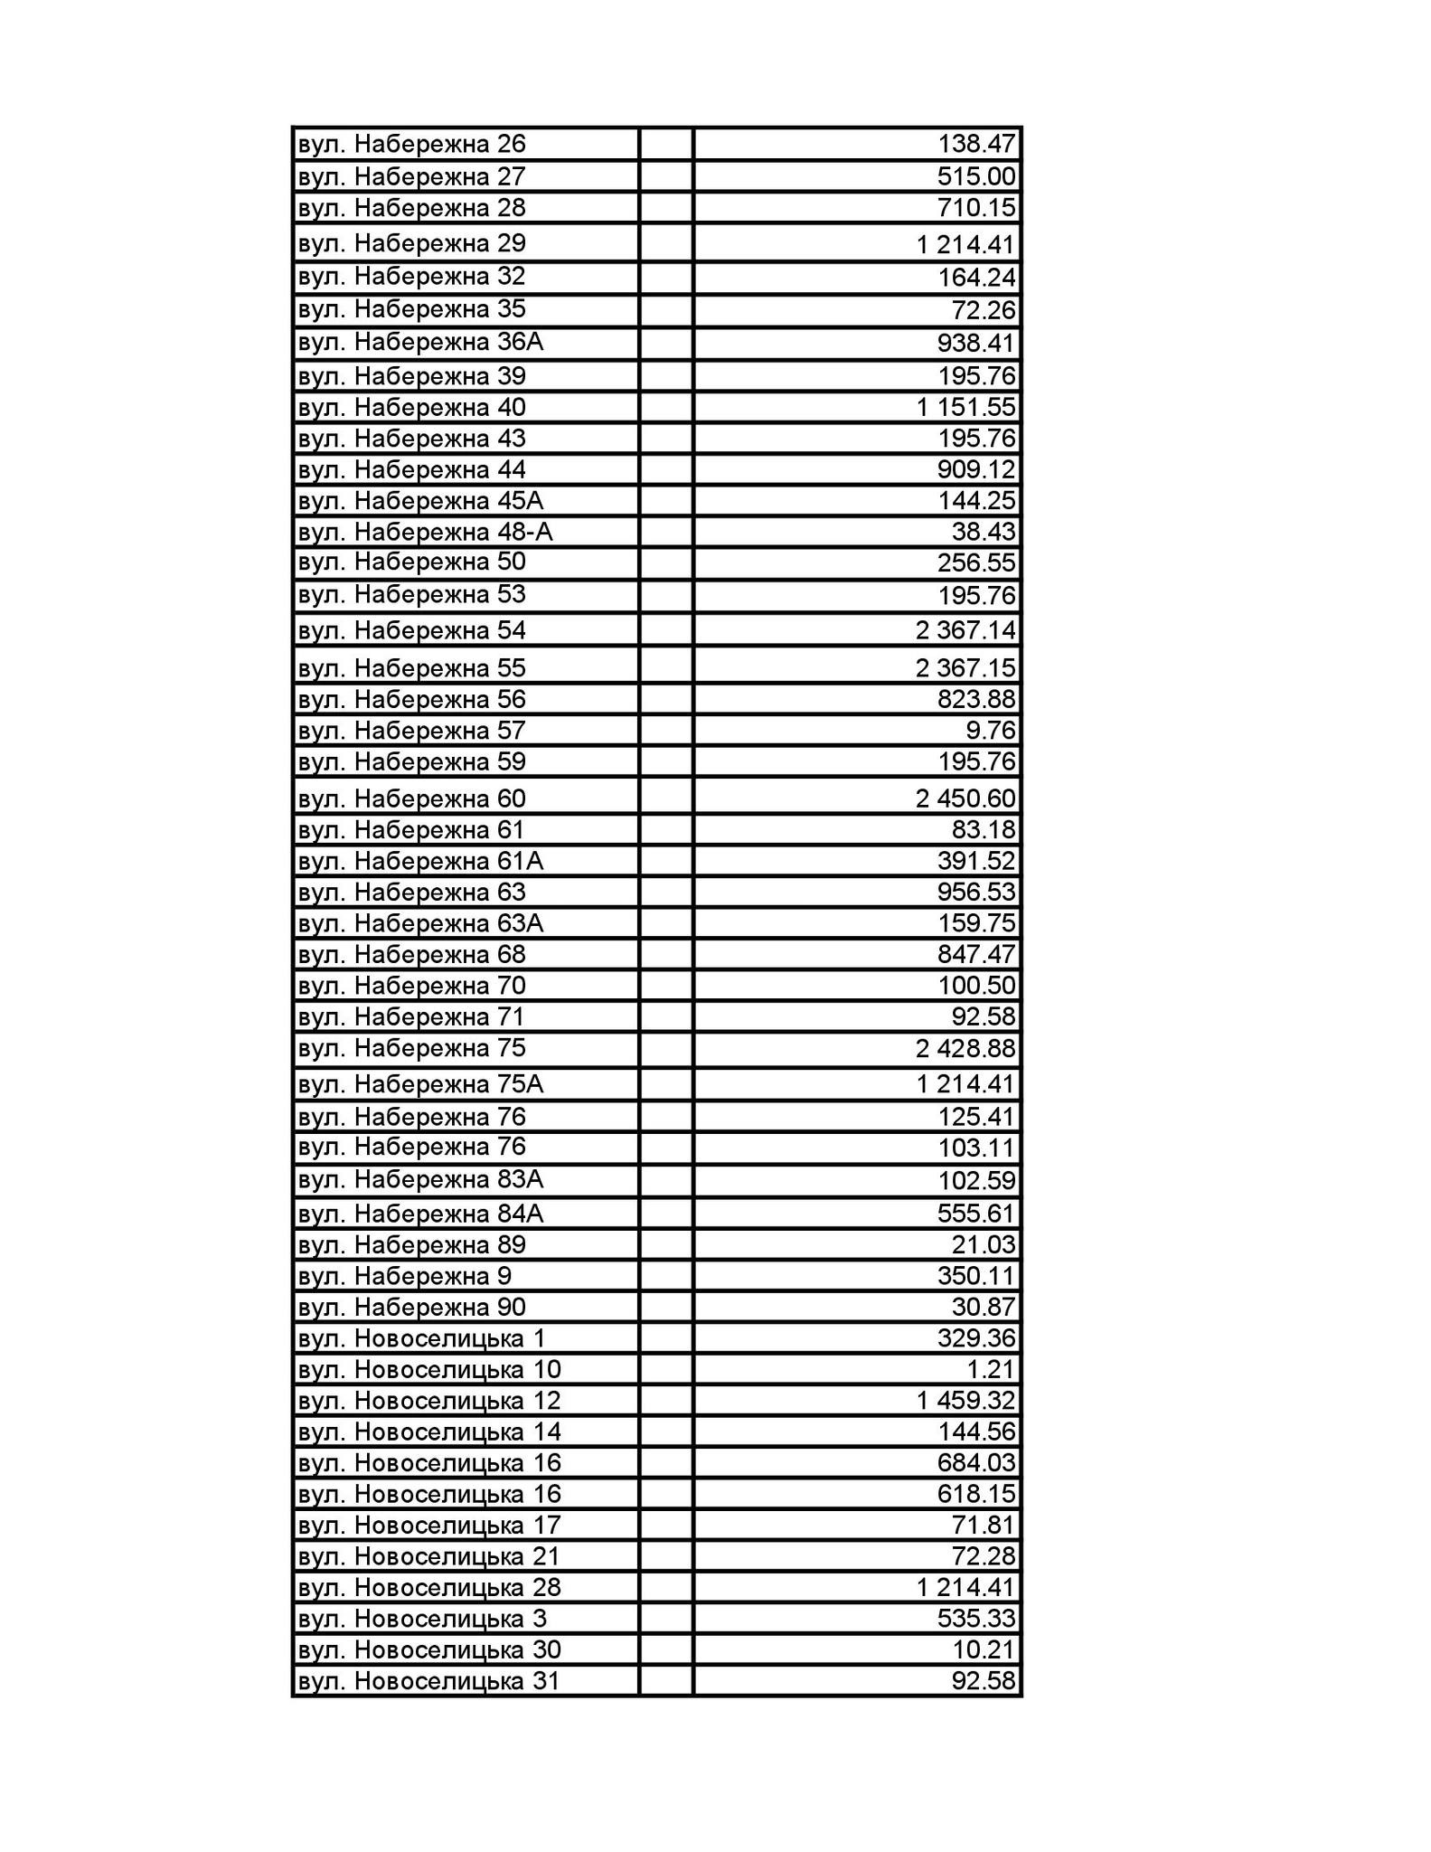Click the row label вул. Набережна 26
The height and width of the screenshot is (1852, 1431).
[x=411, y=144]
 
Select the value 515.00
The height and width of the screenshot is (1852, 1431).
[x=976, y=176]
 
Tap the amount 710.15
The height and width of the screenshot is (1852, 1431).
[x=976, y=208]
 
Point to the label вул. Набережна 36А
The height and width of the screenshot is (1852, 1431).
[x=420, y=342]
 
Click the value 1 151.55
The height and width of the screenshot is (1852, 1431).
[x=965, y=407]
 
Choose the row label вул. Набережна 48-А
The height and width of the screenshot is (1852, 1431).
[x=425, y=532]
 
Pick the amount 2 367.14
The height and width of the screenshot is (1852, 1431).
[x=965, y=629]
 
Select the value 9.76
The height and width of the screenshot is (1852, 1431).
[x=991, y=730]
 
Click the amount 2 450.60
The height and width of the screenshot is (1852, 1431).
[x=965, y=798]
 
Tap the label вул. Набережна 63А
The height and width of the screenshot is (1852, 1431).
[x=420, y=923]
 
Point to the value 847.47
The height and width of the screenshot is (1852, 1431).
[x=976, y=954]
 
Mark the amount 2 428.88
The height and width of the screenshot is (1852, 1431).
[x=965, y=1049]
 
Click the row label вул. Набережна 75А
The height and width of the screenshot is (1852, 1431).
[x=420, y=1083]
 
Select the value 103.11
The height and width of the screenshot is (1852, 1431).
[x=976, y=1148]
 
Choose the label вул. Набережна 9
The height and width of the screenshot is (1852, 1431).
[x=404, y=1276]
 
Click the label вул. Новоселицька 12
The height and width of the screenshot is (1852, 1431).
[x=429, y=1401]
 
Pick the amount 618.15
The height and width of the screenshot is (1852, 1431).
[x=976, y=1494]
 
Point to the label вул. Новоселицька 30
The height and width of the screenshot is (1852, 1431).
[x=429, y=1650]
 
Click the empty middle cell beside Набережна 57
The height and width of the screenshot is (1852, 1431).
[x=666, y=730]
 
